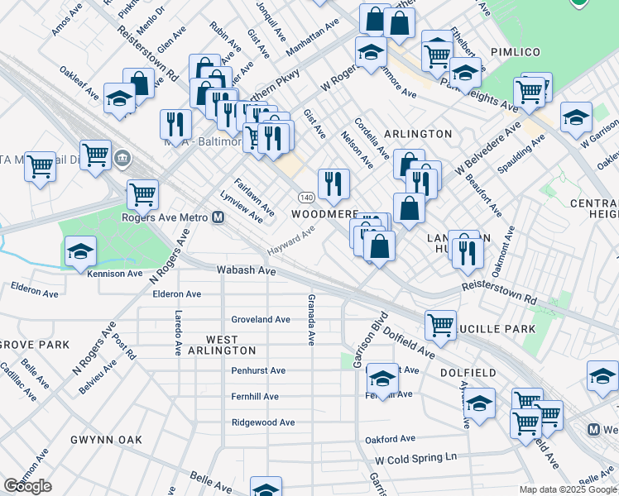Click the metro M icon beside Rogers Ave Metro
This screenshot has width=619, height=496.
pyautogui.click(x=218, y=217)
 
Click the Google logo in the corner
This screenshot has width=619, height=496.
pyautogui.click(x=28, y=486)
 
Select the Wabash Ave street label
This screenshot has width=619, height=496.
pyautogui.click(x=246, y=270)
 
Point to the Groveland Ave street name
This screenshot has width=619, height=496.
pyautogui.click(x=261, y=319)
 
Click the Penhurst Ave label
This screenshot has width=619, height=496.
pyautogui.click(x=258, y=370)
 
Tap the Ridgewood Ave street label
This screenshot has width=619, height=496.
pyautogui.click(x=262, y=422)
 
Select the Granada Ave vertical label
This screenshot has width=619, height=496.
pyautogui.click(x=311, y=319)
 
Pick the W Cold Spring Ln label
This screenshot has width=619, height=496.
pyautogui.click(x=415, y=458)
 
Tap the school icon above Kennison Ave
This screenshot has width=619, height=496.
pyautogui.click(x=81, y=250)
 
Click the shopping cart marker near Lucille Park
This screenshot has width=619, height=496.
pyautogui.click(x=441, y=323)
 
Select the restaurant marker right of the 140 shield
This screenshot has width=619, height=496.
pyautogui.click(x=333, y=184)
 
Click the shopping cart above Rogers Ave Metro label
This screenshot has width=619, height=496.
pyautogui.click(x=143, y=193)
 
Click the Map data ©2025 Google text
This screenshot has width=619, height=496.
pyautogui.click(x=568, y=489)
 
